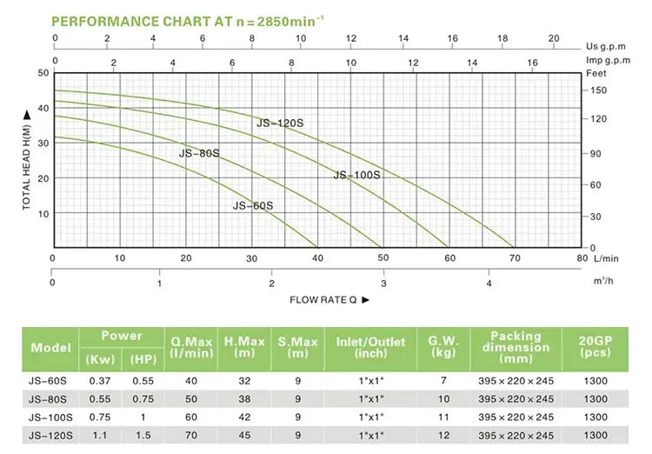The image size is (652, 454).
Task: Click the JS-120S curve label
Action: [x=280, y=124]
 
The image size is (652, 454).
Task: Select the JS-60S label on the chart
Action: [x=253, y=205]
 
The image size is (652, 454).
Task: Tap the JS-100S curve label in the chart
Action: [x=357, y=175]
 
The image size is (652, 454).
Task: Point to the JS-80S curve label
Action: [x=199, y=153]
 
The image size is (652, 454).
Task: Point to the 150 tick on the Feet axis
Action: [x=598, y=90]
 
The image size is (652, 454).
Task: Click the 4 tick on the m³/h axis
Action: [x=489, y=284]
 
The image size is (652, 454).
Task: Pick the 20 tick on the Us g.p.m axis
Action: [x=554, y=39]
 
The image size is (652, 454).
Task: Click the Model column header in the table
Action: [x=50, y=348]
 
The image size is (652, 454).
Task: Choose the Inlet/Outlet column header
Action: [x=370, y=347]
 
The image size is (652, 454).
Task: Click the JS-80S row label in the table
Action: [x=49, y=399]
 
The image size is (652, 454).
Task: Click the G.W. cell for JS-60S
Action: [x=442, y=381]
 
